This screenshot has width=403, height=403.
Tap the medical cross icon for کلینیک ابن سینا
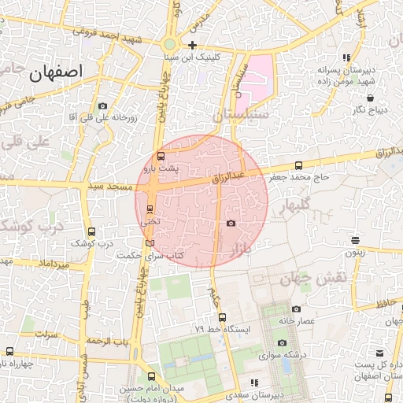(x=191, y=45)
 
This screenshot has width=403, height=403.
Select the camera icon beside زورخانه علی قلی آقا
(x=102, y=106)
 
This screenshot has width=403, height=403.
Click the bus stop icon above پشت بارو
(x=161, y=156)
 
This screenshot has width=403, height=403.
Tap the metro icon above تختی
(x=150, y=209)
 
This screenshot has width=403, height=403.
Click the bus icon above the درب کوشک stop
(x=92, y=232)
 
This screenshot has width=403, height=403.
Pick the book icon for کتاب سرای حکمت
(x=150, y=243)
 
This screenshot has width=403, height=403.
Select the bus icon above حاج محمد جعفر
(x=298, y=166)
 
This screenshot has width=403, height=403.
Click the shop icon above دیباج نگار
(x=370, y=98)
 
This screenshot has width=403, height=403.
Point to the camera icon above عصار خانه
(x=296, y=309)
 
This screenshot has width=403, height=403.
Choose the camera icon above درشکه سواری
(x=283, y=343)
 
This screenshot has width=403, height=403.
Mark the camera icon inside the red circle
(x=231, y=224)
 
